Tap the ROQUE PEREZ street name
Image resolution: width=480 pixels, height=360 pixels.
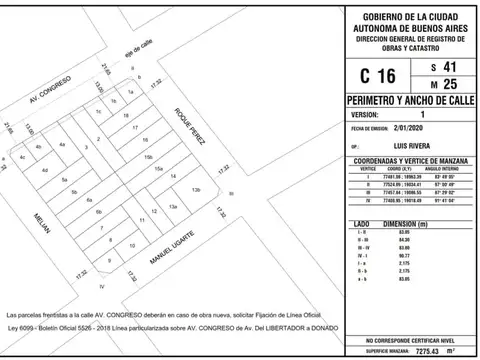pos(191,127)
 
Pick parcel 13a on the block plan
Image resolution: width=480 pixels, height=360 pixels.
pos(173,205)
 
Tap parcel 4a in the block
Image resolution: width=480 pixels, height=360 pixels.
pos(62,146)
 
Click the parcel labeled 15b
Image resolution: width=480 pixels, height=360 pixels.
pos(147,157)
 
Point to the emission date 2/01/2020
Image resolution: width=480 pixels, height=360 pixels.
pos(409,129)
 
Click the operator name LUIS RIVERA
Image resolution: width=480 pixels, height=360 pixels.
pos(411,147)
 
